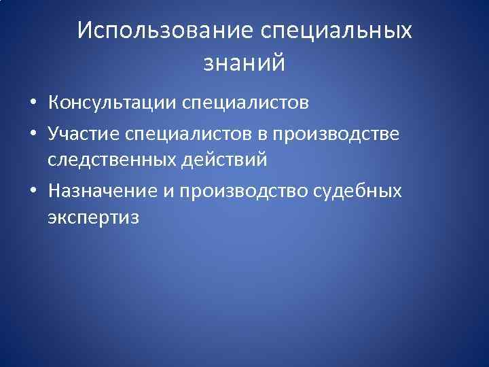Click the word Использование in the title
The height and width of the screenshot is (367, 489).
[164, 31]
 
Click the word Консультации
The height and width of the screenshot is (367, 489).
[111, 103]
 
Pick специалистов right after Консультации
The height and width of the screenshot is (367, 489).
[244, 103]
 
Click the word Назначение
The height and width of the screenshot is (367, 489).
[103, 191]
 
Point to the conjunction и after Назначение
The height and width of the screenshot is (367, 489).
[168, 191]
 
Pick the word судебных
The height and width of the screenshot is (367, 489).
[359, 191]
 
